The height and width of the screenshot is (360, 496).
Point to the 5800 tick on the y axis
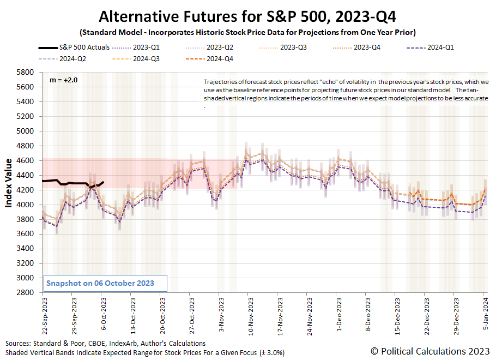pyautogui.click(x=27, y=72)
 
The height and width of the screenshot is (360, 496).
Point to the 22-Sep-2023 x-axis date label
pyautogui.click(x=43, y=313)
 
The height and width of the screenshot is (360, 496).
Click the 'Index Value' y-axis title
pyautogui.click(x=9, y=183)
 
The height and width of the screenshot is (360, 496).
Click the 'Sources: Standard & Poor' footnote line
pyautogui.click(x=106, y=343)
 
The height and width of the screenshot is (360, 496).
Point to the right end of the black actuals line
pyautogui.click(x=103, y=183)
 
